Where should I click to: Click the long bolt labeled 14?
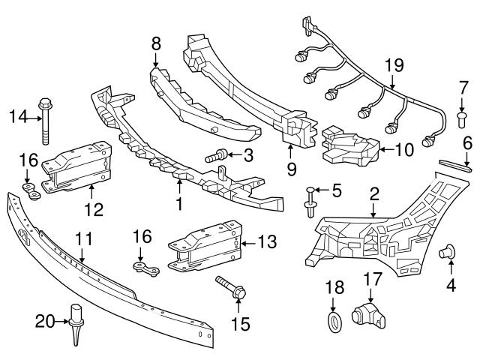pyautogui.click(x=46, y=118)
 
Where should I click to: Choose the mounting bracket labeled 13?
pyautogui.click(x=202, y=244)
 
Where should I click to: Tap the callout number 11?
pyautogui.click(x=83, y=239)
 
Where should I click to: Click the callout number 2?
pyautogui.click(x=373, y=193)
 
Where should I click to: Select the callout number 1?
pyautogui.click(x=178, y=202)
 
